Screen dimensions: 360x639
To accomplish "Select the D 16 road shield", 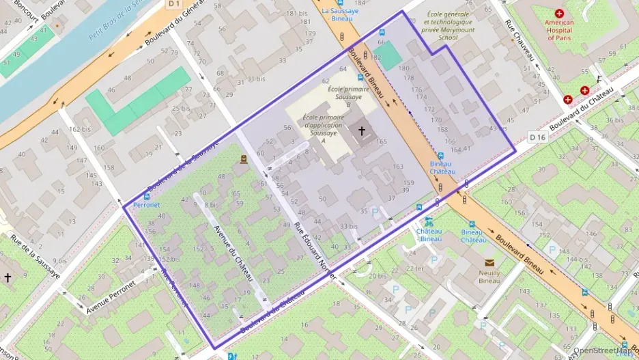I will point(537,137).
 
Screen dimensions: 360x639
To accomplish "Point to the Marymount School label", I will point(448,26).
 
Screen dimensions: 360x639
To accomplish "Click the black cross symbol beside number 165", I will point(362,129).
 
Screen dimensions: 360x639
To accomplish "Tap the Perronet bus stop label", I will point(147,204).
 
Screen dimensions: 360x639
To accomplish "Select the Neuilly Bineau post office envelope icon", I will point(489,262).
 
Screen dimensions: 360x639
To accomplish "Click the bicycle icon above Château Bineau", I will point(428,221).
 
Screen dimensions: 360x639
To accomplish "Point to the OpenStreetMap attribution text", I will point(605,351).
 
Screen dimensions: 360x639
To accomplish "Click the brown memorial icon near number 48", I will point(244,159).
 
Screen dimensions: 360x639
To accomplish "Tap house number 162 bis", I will point(80,129).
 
